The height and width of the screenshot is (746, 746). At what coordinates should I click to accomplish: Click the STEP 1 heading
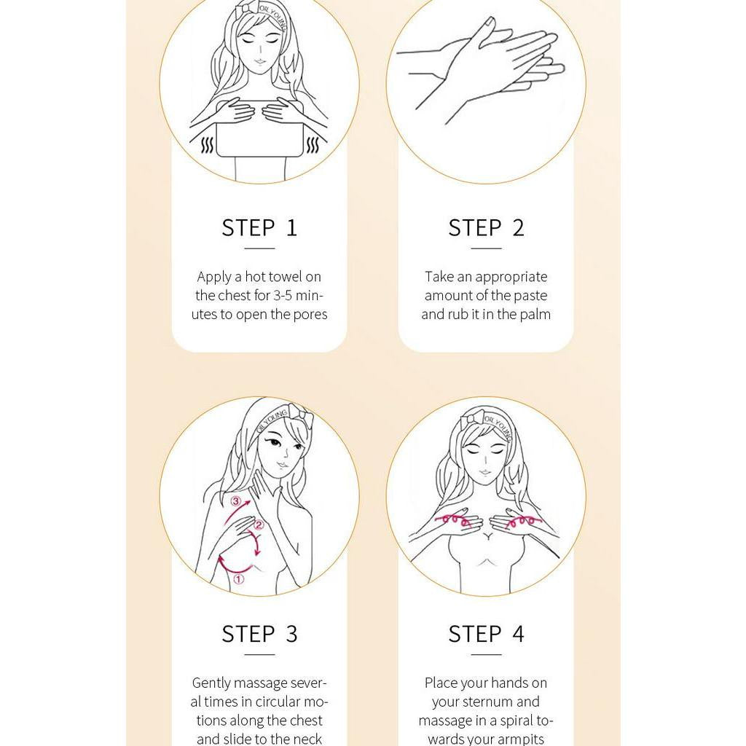coord(259,228)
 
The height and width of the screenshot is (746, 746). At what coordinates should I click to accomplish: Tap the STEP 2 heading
coord(486,228)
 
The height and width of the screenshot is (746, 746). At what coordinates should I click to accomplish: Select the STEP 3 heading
coord(259,635)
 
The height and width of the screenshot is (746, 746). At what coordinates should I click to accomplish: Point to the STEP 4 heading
coord(486,635)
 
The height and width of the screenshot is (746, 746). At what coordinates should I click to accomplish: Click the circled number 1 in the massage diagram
coord(239,579)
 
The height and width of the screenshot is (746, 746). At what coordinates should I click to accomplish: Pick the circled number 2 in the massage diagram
coord(259,525)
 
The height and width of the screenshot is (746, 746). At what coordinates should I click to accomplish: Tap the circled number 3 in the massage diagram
coord(235,501)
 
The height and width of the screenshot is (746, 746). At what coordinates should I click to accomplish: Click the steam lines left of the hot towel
coord(208,145)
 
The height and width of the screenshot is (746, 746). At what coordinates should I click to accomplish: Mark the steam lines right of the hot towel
coord(312,145)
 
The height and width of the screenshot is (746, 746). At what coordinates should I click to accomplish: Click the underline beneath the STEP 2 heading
coord(486,248)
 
